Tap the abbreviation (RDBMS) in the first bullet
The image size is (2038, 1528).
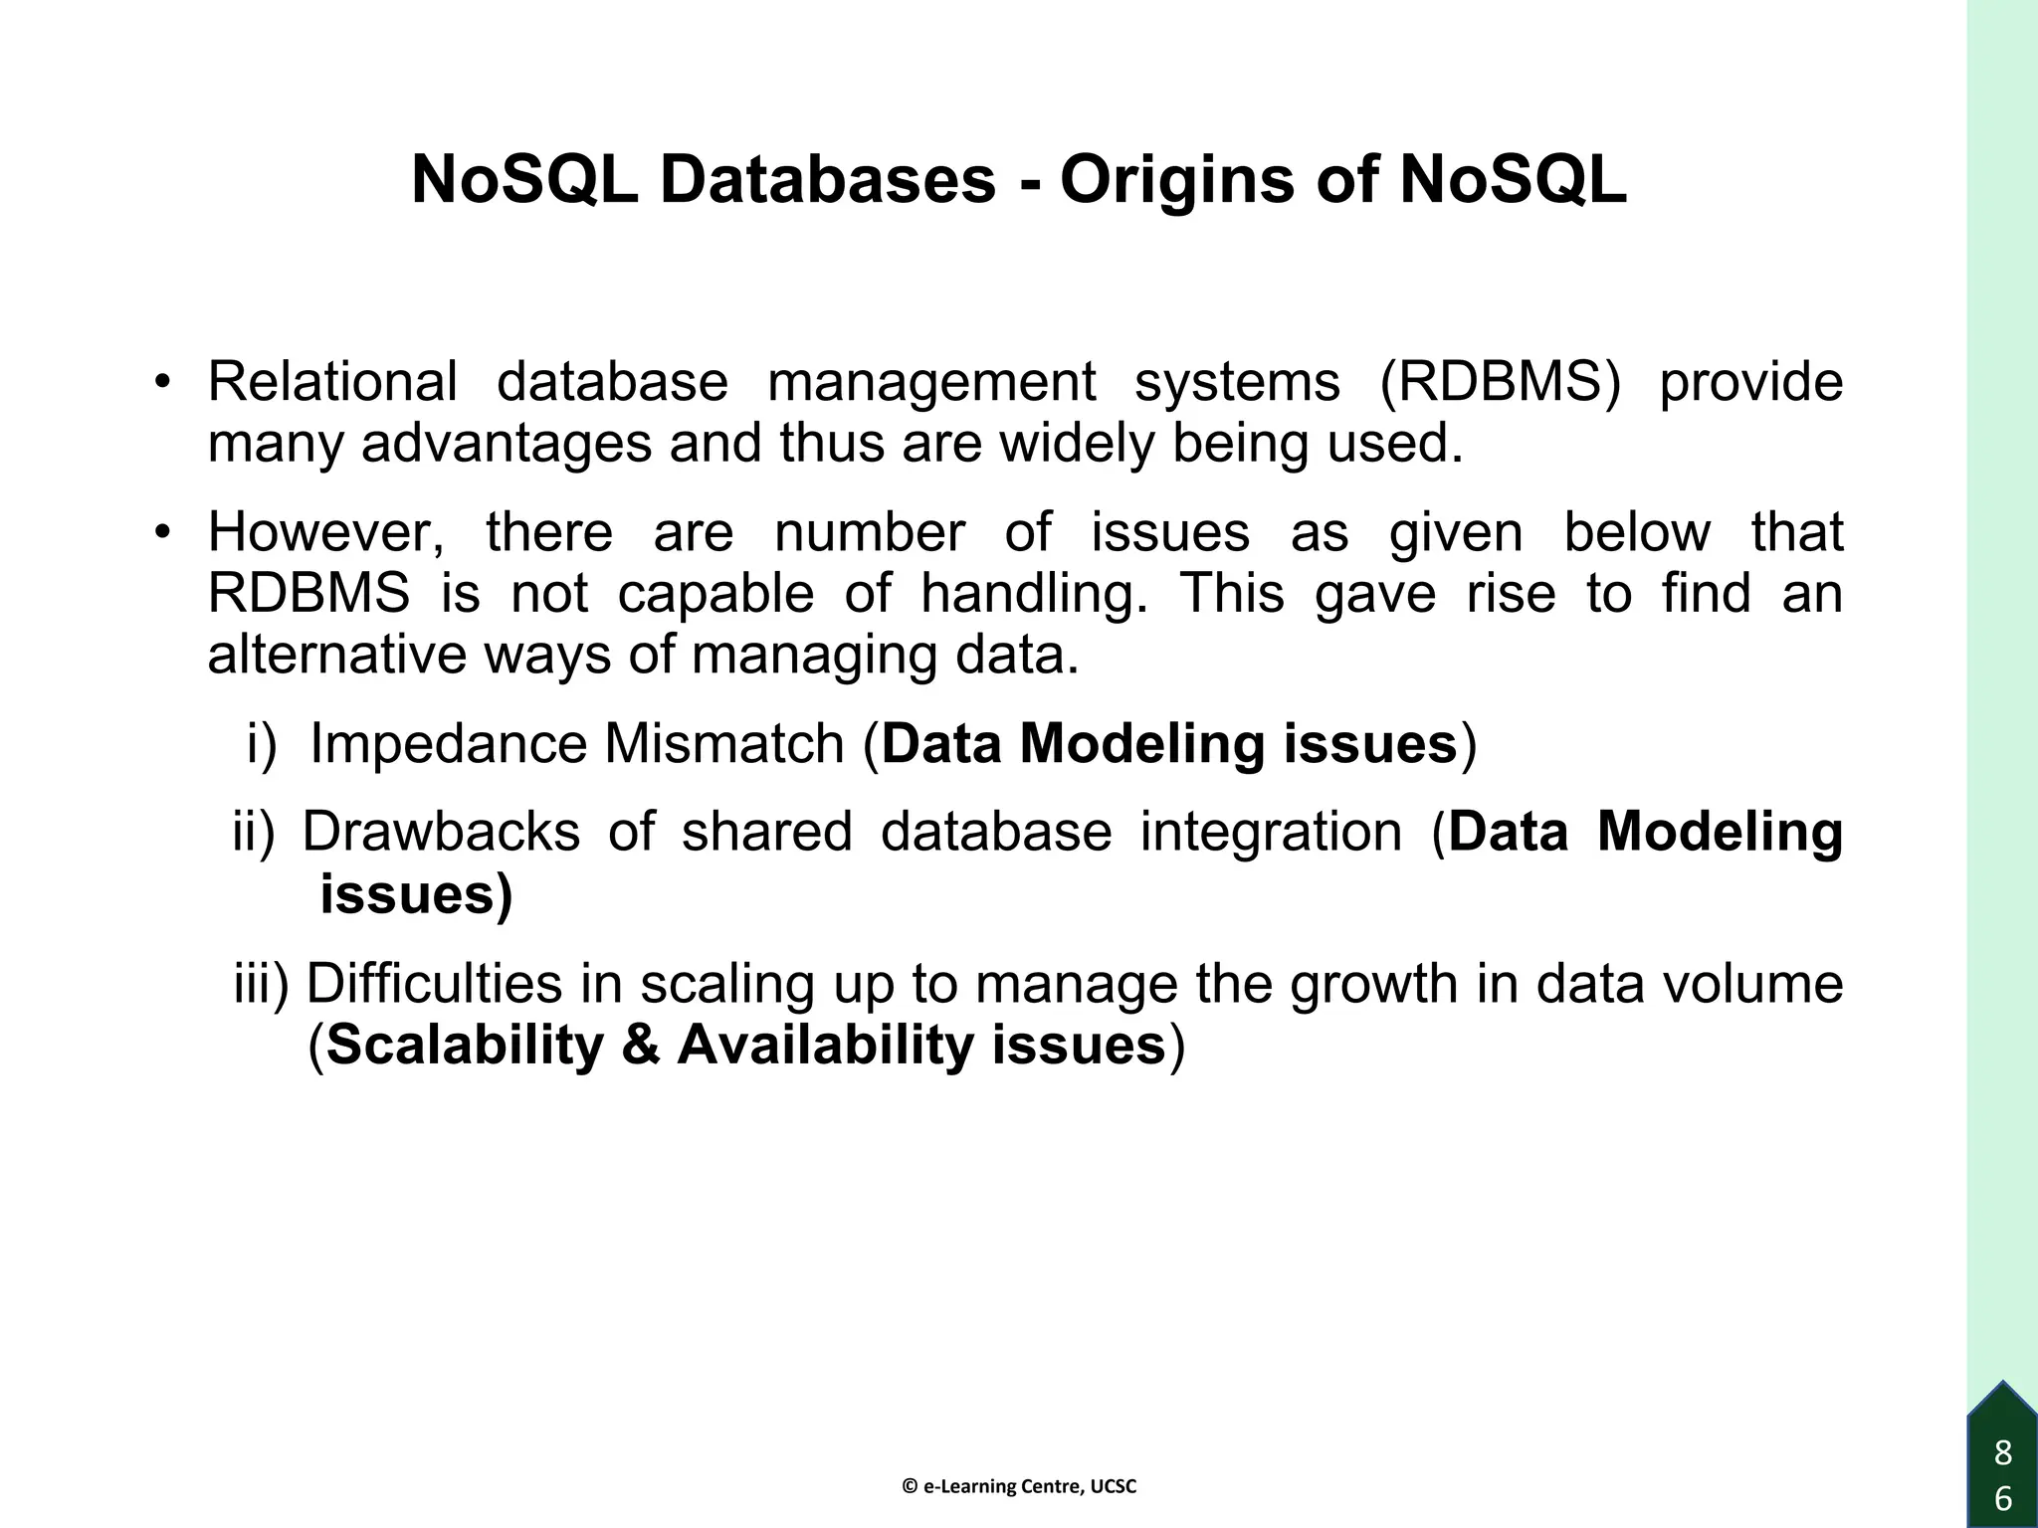pos(1501,381)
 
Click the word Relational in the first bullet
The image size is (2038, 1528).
pos(332,381)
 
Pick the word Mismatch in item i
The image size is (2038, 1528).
pos(723,743)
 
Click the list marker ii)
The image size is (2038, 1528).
pos(253,832)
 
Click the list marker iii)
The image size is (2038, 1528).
pos(261,984)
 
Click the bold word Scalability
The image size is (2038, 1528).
pos(465,1046)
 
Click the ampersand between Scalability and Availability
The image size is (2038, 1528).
pos(641,1046)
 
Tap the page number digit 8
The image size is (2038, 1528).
pos(2003,1453)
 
